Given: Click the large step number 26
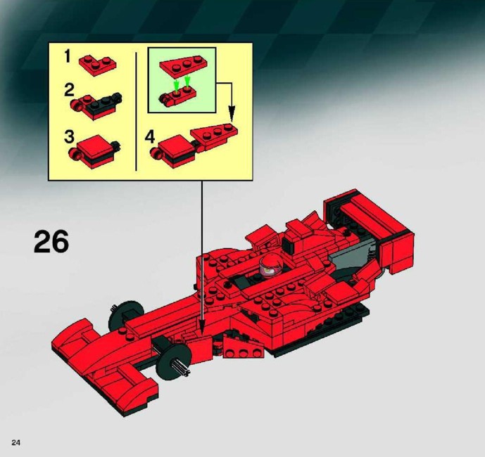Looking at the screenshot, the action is [x=51, y=242].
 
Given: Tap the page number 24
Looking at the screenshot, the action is [x=15, y=442].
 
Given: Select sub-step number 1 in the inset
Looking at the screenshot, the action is [x=68, y=57].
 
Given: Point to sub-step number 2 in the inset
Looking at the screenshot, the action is [x=69, y=90].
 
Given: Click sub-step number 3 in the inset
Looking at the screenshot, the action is [x=69, y=137].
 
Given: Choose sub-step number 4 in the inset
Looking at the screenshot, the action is [x=150, y=137].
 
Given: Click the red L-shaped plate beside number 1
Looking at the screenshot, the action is [x=97, y=65].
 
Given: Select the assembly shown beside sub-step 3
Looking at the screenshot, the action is [x=94, y=151].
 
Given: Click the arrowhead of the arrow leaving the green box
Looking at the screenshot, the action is [x=232, y=113].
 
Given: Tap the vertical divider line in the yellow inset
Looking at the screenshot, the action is [x=136, y=111].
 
